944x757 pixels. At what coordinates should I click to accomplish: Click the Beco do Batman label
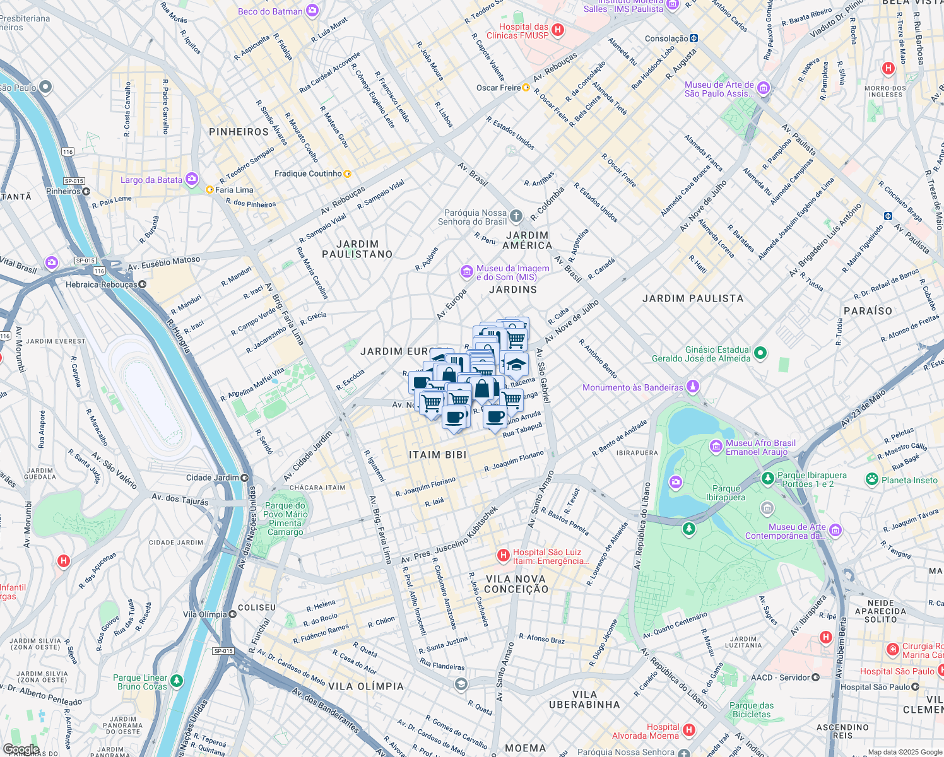click(x=270, y=11)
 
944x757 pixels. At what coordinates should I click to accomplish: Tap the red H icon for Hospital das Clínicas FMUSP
click(x=557, y=30)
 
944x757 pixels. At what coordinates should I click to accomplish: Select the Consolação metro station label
click(x=666, y=38)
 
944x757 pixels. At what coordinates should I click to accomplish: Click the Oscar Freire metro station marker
click(x=526, y=88)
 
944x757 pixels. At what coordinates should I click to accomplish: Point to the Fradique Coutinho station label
click(x=308, y=173)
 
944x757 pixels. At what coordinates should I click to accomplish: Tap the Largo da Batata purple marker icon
click(x=192, y=179)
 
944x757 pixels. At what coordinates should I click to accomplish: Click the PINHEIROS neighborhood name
click(x=239, y=132)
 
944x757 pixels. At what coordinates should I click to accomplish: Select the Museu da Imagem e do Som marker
click(x=467, y=272)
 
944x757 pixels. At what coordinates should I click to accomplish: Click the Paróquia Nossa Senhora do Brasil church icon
click(x=516, y=216)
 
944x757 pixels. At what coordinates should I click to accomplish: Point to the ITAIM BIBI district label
click(x=437, y=455)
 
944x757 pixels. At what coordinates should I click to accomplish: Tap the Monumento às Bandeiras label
click(x=632, y=387)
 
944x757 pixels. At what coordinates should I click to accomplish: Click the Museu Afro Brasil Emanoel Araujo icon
click(x=716, y=447)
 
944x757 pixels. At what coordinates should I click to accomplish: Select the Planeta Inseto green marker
click(x=872, y=479)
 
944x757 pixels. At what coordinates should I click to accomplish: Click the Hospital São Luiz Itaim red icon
click(x=503, y=555)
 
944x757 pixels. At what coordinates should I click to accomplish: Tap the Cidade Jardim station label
click(x=212, y=478)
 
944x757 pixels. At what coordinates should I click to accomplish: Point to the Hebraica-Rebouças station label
click(x=101, y=285)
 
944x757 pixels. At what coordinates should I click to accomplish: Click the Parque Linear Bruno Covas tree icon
click(x=177, y=681)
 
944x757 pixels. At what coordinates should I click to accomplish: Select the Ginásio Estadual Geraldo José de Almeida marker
click(x=760, y=353)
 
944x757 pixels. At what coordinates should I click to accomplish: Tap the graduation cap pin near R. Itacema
click(x=516, y=365)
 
